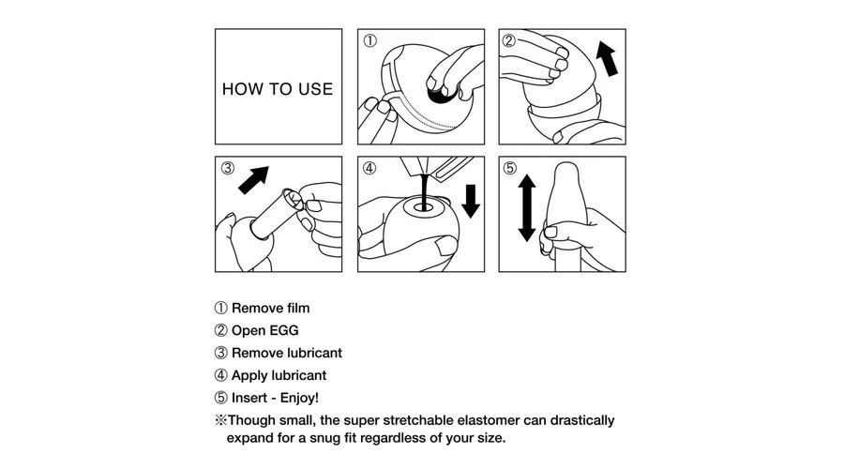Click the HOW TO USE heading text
tap(278, 89)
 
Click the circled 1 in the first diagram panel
tap(369, 40)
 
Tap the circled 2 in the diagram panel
tap(508, 40)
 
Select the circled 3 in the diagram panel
tap(228, 168)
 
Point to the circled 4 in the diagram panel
tap(369, 168)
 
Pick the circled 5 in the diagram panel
tap(509, 168)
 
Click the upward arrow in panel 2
tap(607, 59)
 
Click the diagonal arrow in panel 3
tap(253, 180)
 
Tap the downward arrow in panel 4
tap(471, 201)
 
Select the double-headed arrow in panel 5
tap(526, 208)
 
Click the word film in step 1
tap(297, 308)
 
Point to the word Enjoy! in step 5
tap(299, 398)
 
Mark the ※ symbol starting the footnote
tap(220, 420)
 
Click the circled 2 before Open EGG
tap(220, 330)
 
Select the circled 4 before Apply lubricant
tap(220, 375)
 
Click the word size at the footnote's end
tap(490, 438)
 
